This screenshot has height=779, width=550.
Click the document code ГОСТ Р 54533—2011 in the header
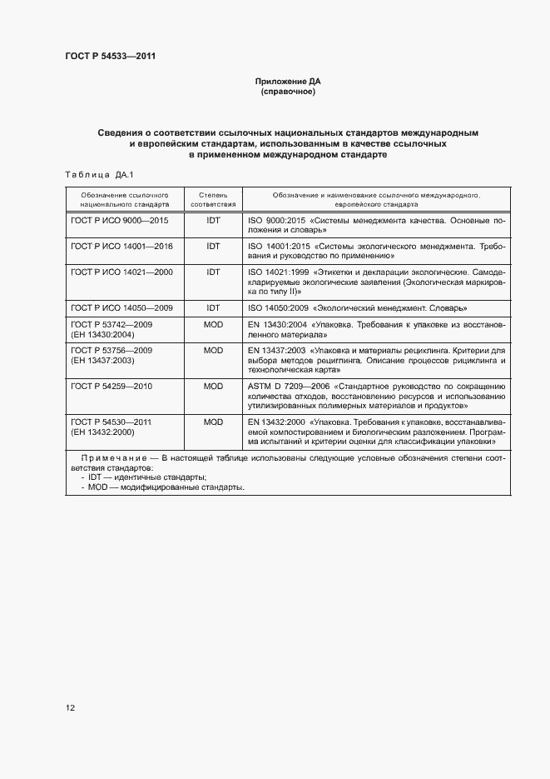click(x=110, y=57)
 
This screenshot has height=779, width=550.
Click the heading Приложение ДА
click(x=288, y=82)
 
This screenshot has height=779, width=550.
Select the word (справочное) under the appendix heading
click(x=288, y=92)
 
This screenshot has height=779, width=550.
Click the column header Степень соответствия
click(x=213, y=198)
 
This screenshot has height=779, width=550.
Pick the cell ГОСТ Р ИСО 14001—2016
click(x=121, y=247)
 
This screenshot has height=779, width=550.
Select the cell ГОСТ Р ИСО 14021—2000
click(x=121, y=272)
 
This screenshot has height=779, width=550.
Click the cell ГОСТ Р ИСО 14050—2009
click(x=121, y=307)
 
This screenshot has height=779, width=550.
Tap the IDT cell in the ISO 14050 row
click(x=213, y=307)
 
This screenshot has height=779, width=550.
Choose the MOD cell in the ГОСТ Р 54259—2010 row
click(x=213, y=387)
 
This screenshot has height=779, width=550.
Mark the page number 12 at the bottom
click(x=70, y=707)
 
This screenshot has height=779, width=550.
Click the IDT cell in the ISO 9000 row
click(x=213, y=221)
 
